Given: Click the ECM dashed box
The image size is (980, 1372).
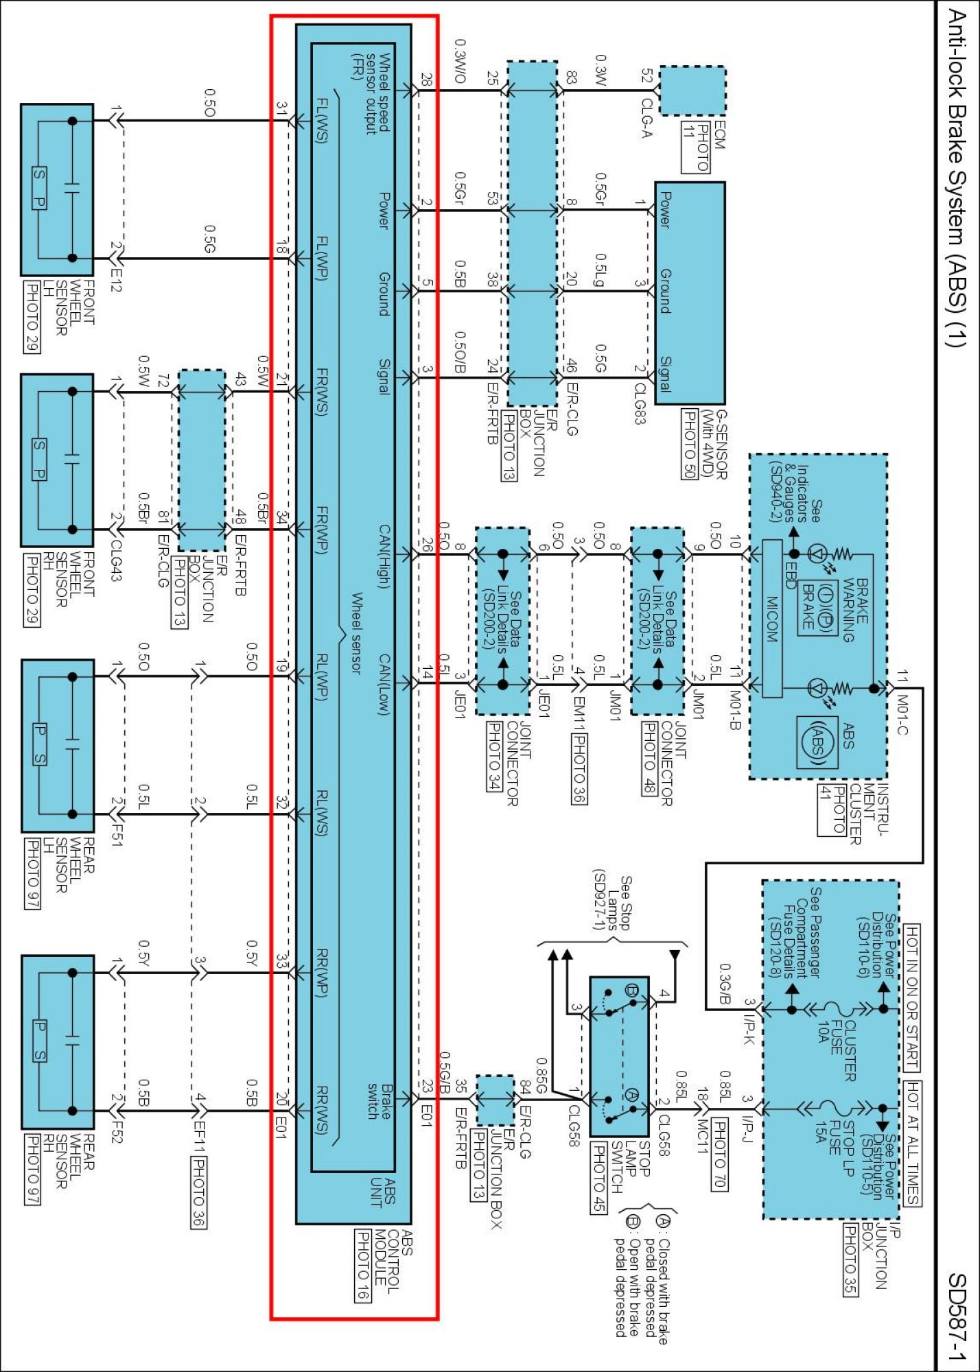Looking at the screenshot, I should click(692, 91).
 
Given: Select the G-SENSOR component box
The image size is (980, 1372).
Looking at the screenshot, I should click(690, 293).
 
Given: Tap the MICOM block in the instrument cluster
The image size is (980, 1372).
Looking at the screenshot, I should click(772, 618).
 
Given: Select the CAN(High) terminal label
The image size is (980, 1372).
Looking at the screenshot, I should click(384, 556).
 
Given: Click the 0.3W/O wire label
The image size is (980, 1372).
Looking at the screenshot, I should click(460, 61).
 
